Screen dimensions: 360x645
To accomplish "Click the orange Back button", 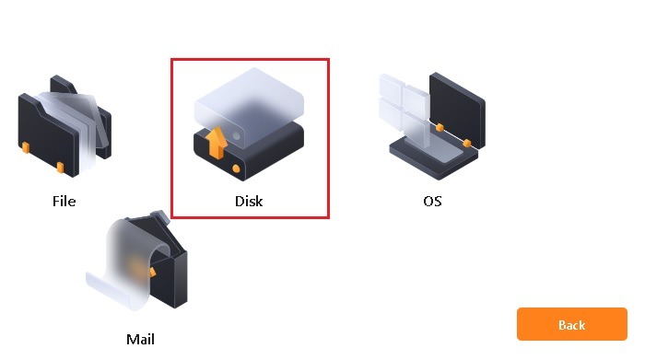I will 571,325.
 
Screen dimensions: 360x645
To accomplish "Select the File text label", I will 64,201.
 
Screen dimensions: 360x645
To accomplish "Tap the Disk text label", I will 249,201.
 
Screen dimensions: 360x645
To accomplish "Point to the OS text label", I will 432,201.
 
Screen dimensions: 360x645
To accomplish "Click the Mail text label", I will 140,339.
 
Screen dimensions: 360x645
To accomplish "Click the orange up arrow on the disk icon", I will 217,143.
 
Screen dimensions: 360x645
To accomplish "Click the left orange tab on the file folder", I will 25,146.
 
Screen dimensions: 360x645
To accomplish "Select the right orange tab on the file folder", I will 60,167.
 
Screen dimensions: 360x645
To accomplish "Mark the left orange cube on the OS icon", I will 439,126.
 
